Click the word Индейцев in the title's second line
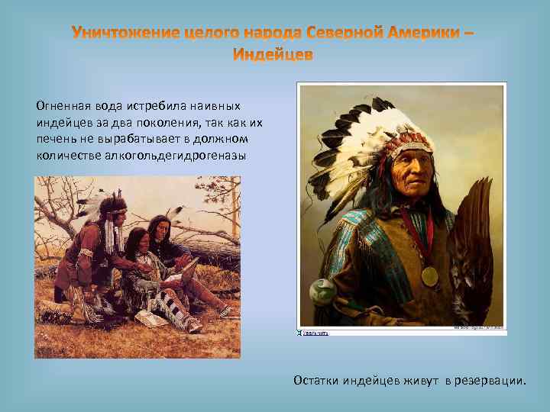click(273, 56)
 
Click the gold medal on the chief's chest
click(430, 275)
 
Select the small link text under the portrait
click(315, 333)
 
